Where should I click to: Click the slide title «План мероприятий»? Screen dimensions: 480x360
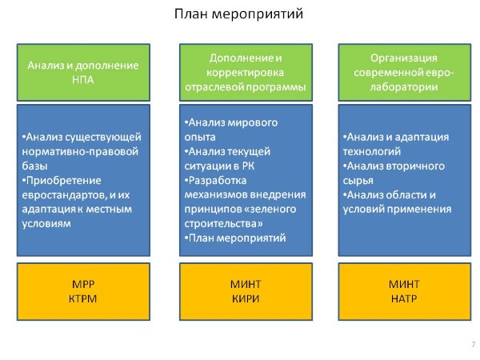point(238,14)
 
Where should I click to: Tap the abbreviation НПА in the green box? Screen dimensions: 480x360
point(83,80)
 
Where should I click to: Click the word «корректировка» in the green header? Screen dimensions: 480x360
point(246,73)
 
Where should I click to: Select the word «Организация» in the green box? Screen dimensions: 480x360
point(404,58)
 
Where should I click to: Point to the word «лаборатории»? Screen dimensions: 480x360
point(404,87)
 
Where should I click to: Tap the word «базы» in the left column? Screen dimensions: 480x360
point(34,166)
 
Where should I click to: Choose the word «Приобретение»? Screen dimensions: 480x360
point(64,181)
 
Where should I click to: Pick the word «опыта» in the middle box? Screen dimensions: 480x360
point(200,137)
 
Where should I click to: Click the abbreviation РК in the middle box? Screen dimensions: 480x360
point(248,166)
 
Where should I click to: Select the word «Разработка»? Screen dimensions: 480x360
point(218,181)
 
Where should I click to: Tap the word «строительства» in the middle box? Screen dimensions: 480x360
point(221,224)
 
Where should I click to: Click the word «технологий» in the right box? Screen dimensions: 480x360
point(372,151)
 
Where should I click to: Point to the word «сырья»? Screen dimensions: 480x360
point(358,181)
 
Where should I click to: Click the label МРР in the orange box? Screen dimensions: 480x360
point(83,284)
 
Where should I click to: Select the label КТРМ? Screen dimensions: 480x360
point(82,298)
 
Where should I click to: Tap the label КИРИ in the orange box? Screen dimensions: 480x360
point(246,298)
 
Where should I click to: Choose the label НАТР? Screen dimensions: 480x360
point(404,298)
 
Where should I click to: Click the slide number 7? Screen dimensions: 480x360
point(474,344)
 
